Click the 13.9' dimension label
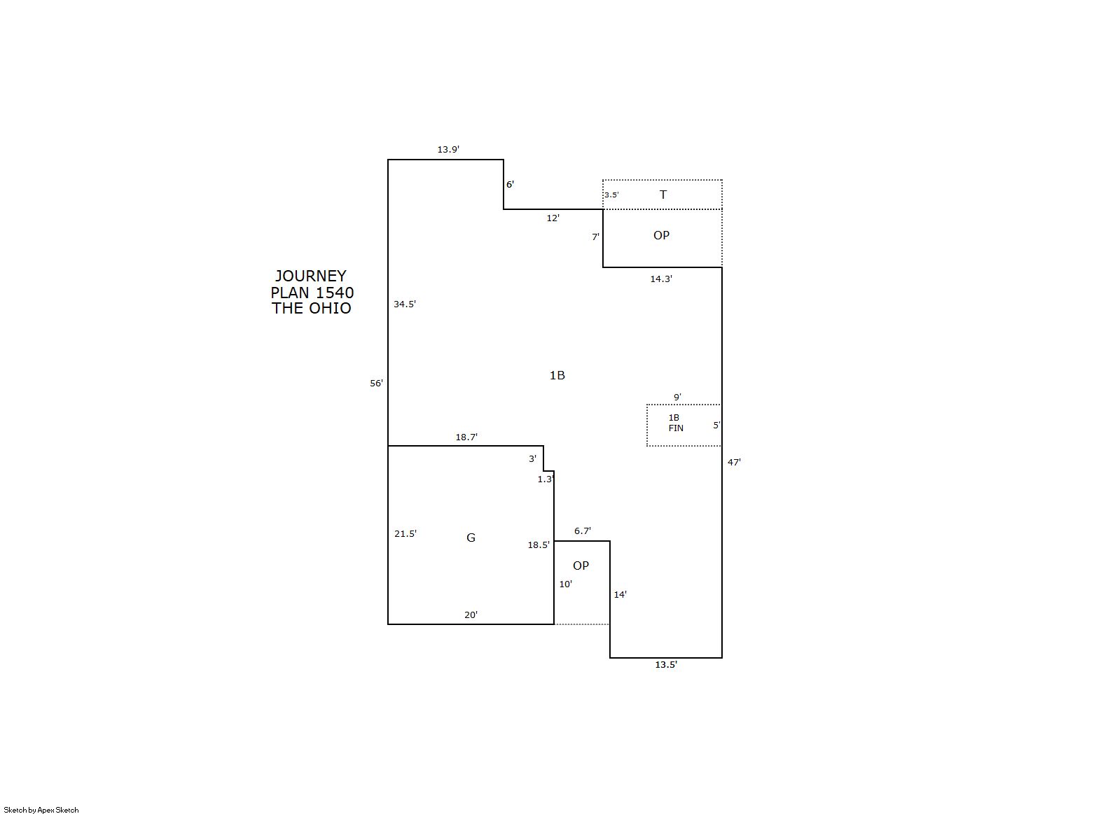448,149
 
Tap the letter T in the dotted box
663,195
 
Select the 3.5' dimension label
611,195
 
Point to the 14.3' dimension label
661,279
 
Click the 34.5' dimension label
405,304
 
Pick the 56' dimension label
377,384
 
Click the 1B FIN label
675,423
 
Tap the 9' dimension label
677,397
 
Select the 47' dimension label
734,463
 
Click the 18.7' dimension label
466,437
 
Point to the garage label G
471,538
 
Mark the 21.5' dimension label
405,534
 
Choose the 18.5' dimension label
539,545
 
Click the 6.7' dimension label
582,531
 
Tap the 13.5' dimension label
666,664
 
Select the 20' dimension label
471,615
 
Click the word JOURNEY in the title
311,276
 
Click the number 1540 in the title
335,292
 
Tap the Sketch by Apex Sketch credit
41,810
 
